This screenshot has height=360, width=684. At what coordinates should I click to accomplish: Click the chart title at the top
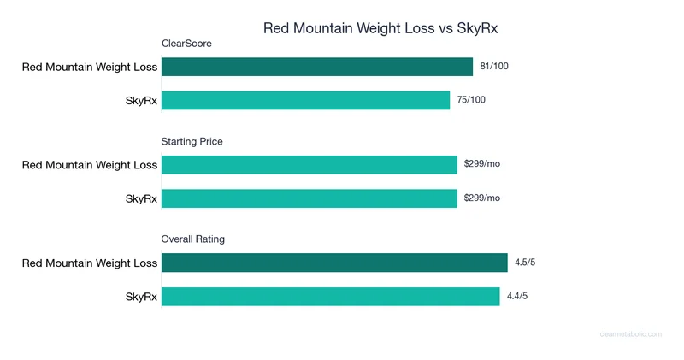pos(380,28)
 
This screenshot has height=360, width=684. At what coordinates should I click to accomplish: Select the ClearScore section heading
pos(186,44)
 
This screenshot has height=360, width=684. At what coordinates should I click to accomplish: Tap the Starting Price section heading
pos(192,142)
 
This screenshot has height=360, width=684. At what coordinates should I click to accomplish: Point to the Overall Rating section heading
pos(192,239)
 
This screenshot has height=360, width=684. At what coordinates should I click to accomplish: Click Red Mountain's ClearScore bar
pos(316,67)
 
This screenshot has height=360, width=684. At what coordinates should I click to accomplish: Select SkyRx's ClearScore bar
pos(305,100)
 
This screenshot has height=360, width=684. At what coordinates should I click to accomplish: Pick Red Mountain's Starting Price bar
pos(309,165)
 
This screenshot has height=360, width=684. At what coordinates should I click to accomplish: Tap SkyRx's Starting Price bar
pos(309,198)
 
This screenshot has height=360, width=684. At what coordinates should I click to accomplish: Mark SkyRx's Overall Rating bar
pos(330,296)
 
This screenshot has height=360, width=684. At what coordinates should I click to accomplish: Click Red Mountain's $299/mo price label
pos(481,163)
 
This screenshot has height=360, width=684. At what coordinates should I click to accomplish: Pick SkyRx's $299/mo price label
pos(481,198)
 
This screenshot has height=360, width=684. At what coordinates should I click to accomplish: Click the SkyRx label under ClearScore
pos(141,101)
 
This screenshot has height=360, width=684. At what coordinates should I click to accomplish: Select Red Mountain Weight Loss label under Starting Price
pos(90,165)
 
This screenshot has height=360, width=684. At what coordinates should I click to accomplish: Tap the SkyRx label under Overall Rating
pos(141,297)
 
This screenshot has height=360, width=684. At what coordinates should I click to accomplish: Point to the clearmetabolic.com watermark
pos(631,335)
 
